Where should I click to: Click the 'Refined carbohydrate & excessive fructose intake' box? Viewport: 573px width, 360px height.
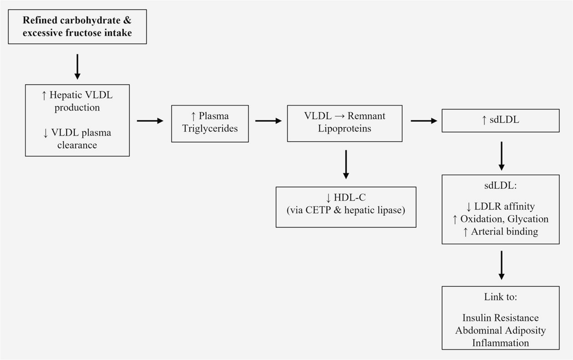[77, 27]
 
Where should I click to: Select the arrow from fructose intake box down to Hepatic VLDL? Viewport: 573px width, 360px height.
[77, 67]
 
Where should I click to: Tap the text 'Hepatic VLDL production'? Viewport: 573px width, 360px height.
[77, 101]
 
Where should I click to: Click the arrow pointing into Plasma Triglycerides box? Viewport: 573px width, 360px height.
[150, 121]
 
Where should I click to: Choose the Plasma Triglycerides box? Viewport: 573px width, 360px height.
[210, 123]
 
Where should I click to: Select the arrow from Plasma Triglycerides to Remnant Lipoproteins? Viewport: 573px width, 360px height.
[268, 121]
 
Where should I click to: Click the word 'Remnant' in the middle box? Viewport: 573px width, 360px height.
[366, 116]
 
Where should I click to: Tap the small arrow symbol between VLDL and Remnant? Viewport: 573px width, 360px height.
[340, 116]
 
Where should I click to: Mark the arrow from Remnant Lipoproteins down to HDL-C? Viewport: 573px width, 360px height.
[346, 164]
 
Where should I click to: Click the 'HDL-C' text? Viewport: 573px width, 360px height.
[350, 197]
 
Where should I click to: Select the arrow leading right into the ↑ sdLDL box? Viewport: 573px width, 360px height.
[424, 121]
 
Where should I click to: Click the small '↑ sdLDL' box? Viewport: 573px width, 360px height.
[500, 120]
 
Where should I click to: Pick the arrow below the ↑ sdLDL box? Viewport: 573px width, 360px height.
[501, 156]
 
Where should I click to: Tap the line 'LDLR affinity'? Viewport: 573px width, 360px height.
[504, 206]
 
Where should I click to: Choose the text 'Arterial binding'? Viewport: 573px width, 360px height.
[504, 231]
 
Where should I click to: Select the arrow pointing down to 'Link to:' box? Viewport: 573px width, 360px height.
[501, 265]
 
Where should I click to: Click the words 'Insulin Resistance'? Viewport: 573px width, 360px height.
[500, 318]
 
